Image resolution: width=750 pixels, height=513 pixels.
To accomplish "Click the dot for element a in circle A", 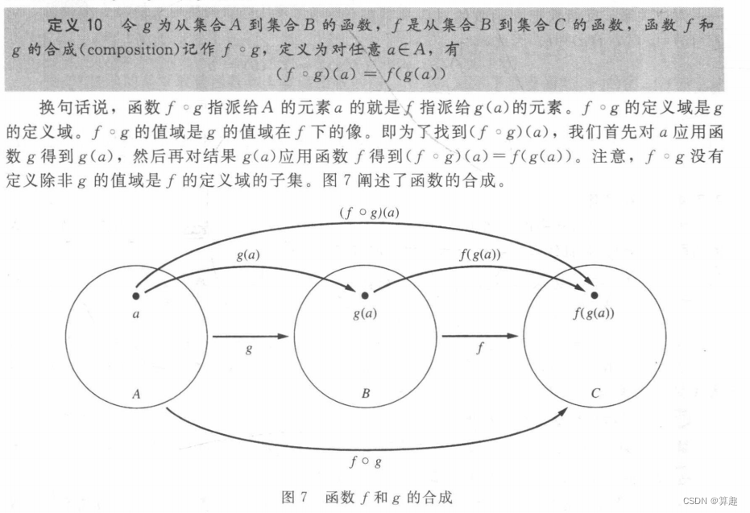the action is [x=136, y=296].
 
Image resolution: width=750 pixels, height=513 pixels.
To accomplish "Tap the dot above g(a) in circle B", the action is [x=364, y=296].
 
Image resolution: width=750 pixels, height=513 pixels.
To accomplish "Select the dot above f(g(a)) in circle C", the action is [x=595, y=296].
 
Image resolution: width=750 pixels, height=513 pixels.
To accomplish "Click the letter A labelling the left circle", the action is [x=136, y=394].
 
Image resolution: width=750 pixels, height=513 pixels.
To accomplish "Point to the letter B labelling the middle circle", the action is [x=365, y=394].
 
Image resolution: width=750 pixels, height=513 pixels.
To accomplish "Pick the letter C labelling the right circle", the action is [x=595, y=394].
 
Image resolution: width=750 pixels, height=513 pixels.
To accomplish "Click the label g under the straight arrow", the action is [x=249, y=350].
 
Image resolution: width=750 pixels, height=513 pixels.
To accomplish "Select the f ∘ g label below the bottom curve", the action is [x=365, y=462].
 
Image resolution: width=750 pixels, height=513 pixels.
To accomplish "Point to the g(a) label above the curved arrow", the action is [x=247, y=255].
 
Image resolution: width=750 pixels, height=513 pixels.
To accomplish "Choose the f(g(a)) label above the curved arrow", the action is [x=480, y=256].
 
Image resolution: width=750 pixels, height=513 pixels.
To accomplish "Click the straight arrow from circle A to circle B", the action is [x=250, y=336].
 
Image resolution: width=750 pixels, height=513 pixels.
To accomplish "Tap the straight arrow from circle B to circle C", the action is [x=480, y=336].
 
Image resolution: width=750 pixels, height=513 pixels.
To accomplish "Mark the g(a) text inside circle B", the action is [x=365, y=313].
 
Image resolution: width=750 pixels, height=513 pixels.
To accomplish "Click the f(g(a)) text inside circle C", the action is [x=595, y=313].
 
